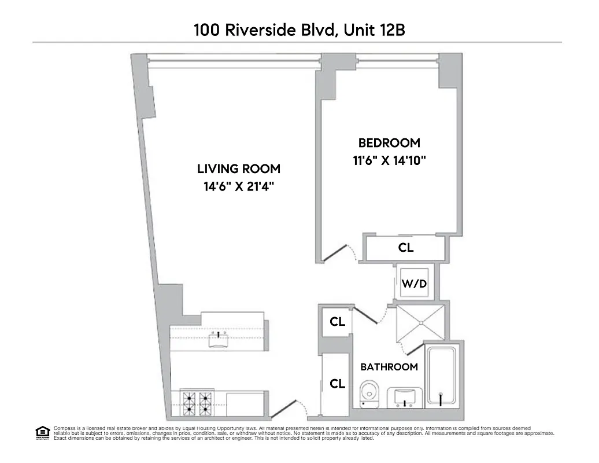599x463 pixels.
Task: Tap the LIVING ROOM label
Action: [x=239, y=169]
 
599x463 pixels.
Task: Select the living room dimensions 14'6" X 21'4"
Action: [x=239, y=187]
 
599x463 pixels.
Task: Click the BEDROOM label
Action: [x=389, y=142]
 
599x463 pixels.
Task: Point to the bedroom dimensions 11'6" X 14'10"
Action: [x=389, y=161]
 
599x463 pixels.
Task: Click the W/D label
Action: [x=414, y=284]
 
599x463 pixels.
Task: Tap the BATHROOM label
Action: [x=389, y=367]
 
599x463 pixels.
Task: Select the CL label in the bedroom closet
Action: [x=406, y=248]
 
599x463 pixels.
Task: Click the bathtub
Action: [x=442, y=376]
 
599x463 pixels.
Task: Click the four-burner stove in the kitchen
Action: [x=197, y=402]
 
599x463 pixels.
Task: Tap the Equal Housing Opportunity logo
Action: [x=42, y=432]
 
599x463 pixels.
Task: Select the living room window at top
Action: [x=234, y=58]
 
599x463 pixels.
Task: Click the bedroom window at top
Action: [x=397, y=58]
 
